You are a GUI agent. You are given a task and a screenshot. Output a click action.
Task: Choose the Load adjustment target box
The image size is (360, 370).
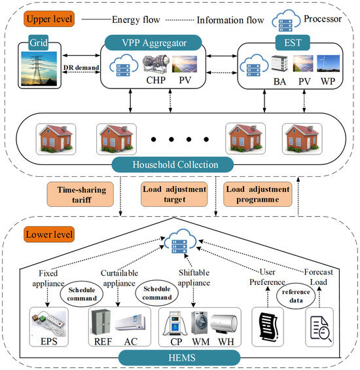(x=174, y=194)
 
